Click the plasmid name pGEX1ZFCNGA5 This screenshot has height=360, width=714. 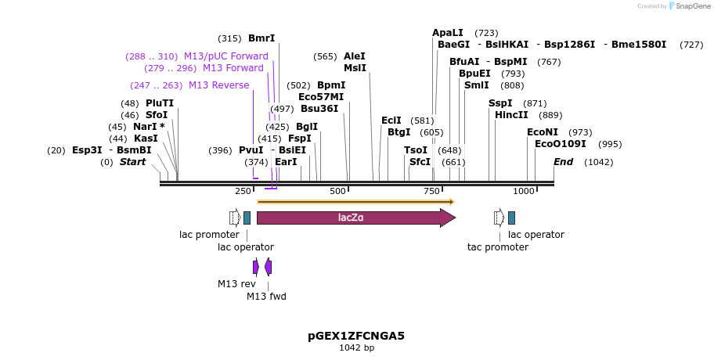coord(356,336)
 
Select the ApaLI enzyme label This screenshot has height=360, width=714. coord(448,33)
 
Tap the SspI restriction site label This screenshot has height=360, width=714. coord(500,103)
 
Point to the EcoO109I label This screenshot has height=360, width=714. coord(560,144)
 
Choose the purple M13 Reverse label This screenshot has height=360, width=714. coord(218,85)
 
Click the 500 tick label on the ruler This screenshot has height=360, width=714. coord(338,191)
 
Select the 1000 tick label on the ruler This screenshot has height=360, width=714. coord(523,191)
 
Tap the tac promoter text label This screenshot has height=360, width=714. coord(498,247)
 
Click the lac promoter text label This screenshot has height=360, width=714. coord(209,234)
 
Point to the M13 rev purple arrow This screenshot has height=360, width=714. coord(255,267)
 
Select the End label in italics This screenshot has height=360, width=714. coord(563,162)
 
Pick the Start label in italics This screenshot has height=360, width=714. coord(132,162)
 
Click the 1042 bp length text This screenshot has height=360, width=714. coord(356,347)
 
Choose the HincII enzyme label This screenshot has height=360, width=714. coord(511,115)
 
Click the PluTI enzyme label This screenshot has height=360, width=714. coord(160,103)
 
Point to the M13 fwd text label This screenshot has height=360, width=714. coord(267,296)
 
